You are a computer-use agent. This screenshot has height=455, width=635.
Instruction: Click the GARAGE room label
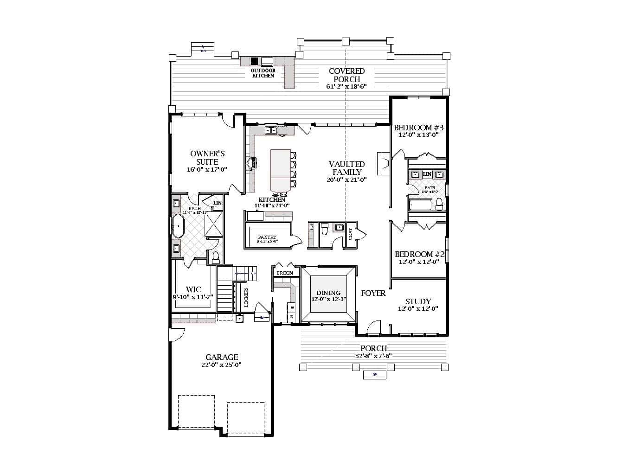pyautogui.click(x=222, y=357)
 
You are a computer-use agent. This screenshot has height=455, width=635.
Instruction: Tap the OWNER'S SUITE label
pyautogui.click(x=207, y=158)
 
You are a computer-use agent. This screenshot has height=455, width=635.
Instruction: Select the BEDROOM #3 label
pyautogui.click(x=419, y=128)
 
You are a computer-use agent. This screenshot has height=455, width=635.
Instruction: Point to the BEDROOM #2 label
pyautogui.click(x=419, y=254)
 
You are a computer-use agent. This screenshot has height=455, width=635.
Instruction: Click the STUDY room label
pyautogui.click(x=418, y=301)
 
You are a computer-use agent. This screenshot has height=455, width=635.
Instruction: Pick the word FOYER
pyautogui.click(x=373, y=293)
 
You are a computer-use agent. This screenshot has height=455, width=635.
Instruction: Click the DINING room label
pyautogui.click(x=328, y=293)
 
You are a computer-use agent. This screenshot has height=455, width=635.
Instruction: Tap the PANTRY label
pyautogui.click(x=267, y=237)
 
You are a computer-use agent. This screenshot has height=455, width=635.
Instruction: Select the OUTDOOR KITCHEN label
pyautogui.click(x=263, y=73)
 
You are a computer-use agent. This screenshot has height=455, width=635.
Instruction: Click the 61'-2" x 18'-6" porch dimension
pyautogui.click(x=346, y=87)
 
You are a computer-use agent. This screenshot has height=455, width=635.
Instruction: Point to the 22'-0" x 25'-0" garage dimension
pyautogui.click(x=222, y=365)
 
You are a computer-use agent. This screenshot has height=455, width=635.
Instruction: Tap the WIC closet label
pyautogui.click(x=193, y=289)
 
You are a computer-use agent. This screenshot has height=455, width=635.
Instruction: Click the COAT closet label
pyautogui.click(x=351, y=234)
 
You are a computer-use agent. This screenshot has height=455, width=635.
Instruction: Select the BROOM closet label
pyautogui.click(x=285, y=273)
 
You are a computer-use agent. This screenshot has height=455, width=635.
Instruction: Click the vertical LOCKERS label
pyautogui.click(x=246, y=297)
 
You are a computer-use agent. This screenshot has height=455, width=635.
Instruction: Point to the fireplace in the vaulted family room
pyautogui.click(x=383, y=163)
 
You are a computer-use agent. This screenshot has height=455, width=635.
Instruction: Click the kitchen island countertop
pyautogui.click(x=280, y=169)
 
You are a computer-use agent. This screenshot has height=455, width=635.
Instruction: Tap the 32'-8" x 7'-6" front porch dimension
pyautogui.click(x=373, y=356)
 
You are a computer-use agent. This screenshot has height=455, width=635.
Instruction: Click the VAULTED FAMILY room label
pyautogui.click(x=346, y=168)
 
